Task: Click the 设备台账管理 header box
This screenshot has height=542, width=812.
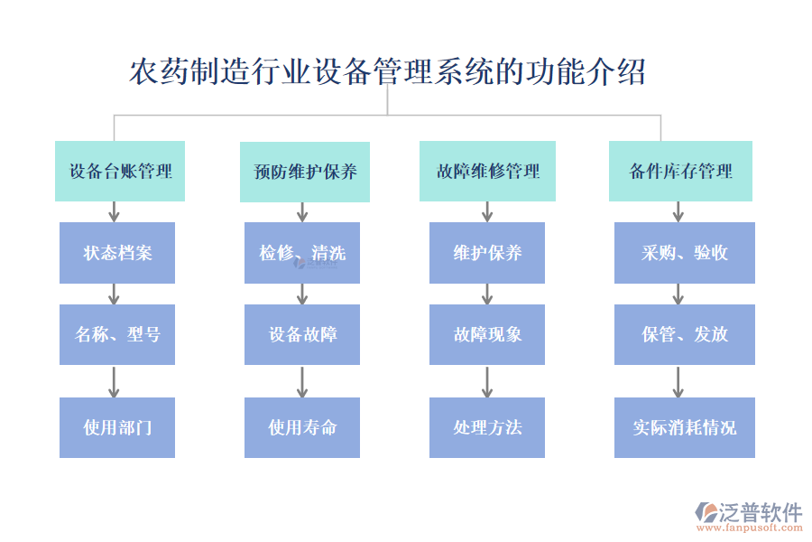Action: (120, 171)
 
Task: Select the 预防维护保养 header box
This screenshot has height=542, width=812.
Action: (304, 172)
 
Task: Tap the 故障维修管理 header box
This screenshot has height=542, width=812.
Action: (487, 171)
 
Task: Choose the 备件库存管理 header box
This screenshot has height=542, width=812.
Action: (680, 171)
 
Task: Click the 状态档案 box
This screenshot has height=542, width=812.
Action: (117, 253)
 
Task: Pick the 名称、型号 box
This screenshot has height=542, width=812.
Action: (117, 334)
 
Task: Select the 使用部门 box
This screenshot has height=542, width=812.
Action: (117, 427)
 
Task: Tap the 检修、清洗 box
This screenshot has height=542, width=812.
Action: (302, 253)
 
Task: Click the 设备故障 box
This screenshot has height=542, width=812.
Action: (302, 334)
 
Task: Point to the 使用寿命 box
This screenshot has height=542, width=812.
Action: (302, 427)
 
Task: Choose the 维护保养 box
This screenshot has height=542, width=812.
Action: (487, 253)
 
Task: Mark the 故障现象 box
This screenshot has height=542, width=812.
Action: (487, 334)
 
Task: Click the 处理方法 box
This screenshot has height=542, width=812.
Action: (487, 427)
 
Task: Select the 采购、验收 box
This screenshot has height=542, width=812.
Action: (685, 253)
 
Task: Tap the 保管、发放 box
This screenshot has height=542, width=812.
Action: (685, 334)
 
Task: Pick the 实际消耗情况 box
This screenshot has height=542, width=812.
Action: (685, 427)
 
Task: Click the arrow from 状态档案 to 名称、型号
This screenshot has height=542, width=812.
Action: (114, 294)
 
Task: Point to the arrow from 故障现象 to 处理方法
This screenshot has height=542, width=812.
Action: (487, 381)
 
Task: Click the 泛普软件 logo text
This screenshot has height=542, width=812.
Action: (760, 512)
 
